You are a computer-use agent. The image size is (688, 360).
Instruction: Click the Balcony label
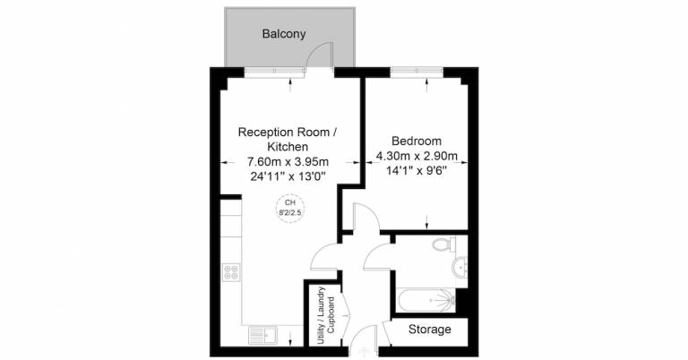pos(284,34)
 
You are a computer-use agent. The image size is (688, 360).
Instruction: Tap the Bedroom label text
pos(417,141)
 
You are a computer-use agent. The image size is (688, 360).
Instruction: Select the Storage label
pos(430,330)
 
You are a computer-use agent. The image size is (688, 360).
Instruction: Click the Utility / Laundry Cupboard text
pos(326,316)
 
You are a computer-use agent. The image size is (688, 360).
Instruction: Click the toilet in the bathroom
pos(443,244)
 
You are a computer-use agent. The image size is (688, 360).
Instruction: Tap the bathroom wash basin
pos(460,266)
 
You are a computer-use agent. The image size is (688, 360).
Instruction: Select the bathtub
pos(426,300)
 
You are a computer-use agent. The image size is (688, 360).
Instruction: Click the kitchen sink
pos(262,336)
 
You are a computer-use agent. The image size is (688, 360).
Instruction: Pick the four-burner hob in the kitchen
pos(231,272)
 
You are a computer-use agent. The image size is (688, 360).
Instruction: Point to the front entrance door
pos(364,339)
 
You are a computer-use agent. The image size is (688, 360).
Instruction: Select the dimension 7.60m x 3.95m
pos(288,162)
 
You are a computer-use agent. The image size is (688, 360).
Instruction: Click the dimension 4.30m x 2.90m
pos(417,156)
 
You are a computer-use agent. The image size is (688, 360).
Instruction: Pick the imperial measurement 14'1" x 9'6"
pos(417,171)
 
